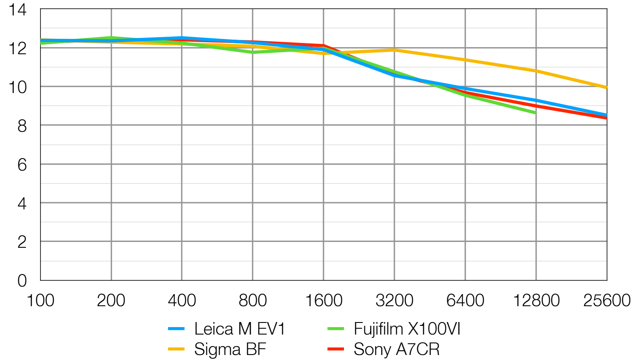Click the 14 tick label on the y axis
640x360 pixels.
(18, 10)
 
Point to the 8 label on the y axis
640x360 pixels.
(22, 126)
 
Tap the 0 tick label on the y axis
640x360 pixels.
(22, 280)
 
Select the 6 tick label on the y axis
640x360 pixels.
(22, 164)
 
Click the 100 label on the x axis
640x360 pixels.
(40, 300)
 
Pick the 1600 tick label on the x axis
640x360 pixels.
(324, 300)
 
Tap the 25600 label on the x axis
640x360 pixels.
(607, 300)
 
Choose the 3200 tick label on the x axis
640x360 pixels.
(394, 300)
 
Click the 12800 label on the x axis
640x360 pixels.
(536, 300)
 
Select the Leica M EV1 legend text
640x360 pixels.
(240, 329)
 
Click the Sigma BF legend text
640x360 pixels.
(230, 349)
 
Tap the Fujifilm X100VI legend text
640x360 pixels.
(407, 329)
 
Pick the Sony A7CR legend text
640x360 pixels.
(397, 349)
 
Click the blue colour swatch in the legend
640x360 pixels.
(176, 329)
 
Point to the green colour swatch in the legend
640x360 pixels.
(336, 329)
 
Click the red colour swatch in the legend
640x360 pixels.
(336, 349)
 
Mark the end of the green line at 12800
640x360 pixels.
(535, 113)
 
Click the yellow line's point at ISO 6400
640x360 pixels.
(465, 60)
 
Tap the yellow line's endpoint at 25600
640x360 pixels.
(606, 88)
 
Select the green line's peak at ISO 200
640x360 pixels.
(111, 38)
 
